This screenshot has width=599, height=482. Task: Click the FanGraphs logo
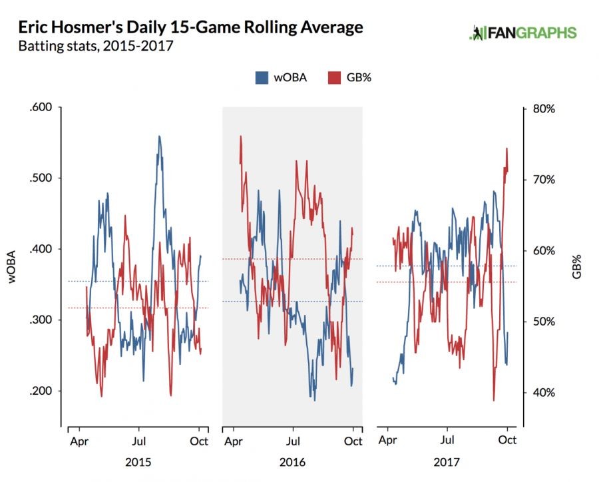pyautogui.click(x=522, y=33)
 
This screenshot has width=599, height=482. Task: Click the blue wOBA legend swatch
pyautogui.click(x=262, y=78)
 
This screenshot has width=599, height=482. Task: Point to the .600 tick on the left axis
pyautogui.click(x=41, y=107)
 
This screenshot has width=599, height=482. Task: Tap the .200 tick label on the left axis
pyautogui.click(x=41, y=391)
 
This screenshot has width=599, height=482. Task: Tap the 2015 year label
pyautogui.click(x=138, y=462)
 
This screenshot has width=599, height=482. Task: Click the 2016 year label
pyautogui.click(x=292, y=462)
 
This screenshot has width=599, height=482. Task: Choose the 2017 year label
pyautogui.click(x=447, y=462)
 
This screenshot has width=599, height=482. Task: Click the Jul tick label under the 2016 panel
pyautogui.click(x=293, y=441)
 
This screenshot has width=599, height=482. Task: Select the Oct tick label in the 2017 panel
pyautogui.click(x=507, y=441)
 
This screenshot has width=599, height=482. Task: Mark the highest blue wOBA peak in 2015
pyautogui.click(x=159, y=136)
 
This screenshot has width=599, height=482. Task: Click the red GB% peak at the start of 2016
pyautogui.click(x=240, y=136)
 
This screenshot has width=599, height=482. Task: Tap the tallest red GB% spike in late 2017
pyautogui.click(x=506, y=148)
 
